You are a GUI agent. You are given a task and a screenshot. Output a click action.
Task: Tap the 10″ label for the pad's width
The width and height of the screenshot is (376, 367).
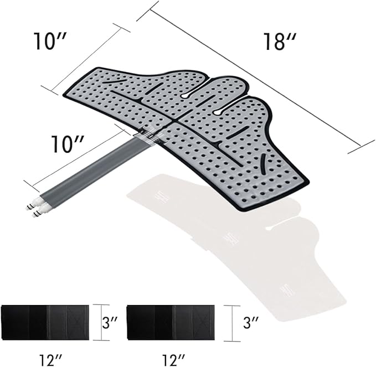tap(50, 41)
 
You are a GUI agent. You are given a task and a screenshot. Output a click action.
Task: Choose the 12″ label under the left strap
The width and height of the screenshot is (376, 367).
tap(51, 360)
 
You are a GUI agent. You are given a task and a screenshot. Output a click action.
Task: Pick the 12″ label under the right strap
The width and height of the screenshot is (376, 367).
tap(173, 360)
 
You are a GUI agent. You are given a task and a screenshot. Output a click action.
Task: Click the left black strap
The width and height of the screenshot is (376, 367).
tap(45, 322)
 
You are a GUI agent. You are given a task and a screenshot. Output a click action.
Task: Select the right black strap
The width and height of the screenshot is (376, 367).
tap(171, 322)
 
